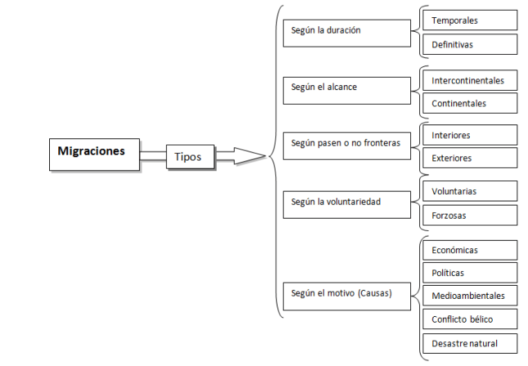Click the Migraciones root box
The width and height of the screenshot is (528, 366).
[94, 153]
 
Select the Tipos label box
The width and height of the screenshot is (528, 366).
[192, 156]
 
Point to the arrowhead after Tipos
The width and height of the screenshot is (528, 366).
[250, 156]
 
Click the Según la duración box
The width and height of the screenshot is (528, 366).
[347, 32]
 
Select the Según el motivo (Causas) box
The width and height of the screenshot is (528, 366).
[347, 295]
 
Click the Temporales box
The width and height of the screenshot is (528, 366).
[470, 20]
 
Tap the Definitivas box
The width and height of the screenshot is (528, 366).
[470, 44]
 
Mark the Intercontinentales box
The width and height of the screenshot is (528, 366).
[470, 80]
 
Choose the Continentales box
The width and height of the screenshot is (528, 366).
[470, 103]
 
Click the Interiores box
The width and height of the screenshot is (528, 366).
[470, 135]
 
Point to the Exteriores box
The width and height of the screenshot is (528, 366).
[470, 158]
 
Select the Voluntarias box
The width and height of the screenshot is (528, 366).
[470, 192]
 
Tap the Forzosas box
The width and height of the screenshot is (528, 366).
[470, 215]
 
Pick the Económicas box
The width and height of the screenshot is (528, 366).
[470, 250]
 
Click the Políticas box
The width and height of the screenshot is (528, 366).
[470, 273]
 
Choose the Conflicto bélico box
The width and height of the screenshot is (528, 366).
[470, 319]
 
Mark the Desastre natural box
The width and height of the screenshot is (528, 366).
[470, 343]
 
